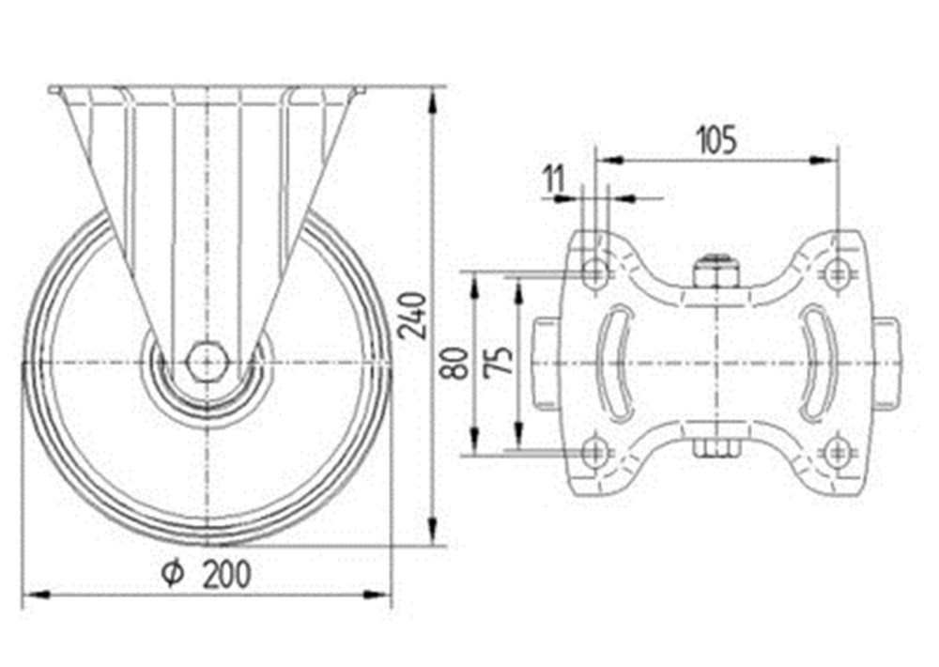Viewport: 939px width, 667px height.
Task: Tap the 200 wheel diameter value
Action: (x=227, y=575)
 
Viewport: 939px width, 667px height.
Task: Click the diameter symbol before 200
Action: (x=173, y=574)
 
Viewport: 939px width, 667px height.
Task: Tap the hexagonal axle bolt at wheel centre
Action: (x=206, y=362)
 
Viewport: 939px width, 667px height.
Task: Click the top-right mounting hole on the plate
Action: (x=837, y=273)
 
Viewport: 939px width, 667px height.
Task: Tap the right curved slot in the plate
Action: (x=817, y=363)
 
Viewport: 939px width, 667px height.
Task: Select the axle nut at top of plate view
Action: (x=716, y=271)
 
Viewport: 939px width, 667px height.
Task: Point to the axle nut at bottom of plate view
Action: (x=716, y=448)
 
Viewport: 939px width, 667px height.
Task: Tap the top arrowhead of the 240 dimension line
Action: (x=432, y=101)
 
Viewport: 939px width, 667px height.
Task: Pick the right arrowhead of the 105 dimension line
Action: (x=823, y=160)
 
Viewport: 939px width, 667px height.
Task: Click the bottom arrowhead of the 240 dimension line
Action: (x=432, y=532)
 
